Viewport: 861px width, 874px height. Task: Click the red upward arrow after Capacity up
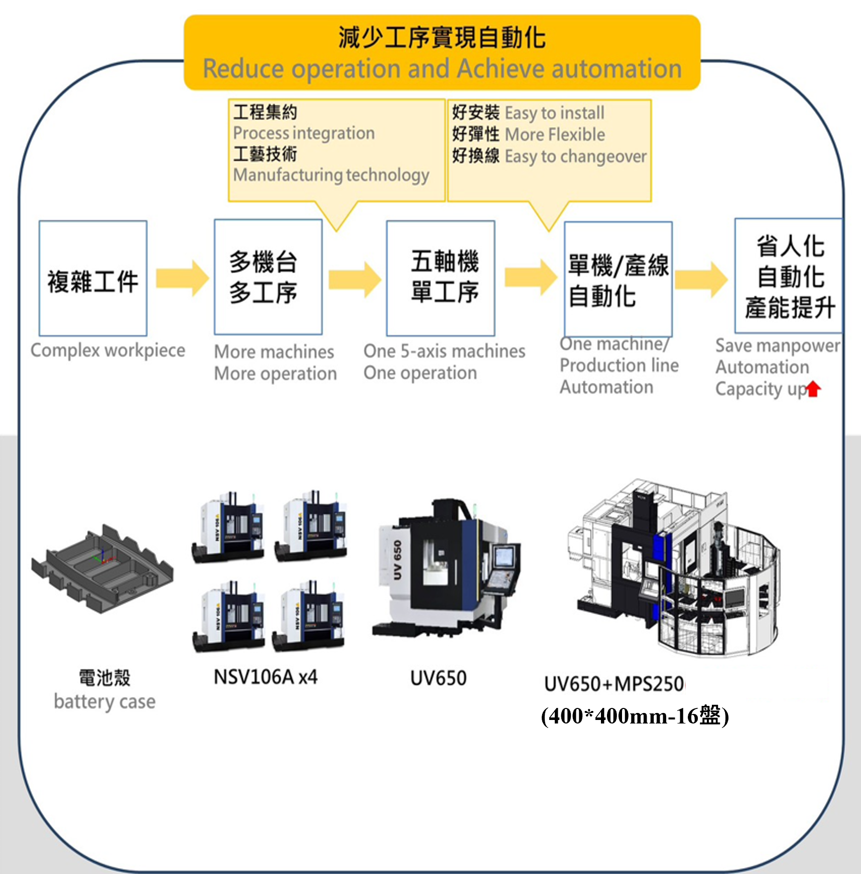813,389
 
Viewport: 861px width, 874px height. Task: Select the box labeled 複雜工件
93,278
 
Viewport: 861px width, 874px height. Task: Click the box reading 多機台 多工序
268,277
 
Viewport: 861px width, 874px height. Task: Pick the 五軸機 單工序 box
440,278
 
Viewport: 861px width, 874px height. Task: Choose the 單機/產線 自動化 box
618,279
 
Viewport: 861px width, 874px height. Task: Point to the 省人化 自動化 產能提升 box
788,276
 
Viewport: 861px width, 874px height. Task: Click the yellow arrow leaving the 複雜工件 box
182,278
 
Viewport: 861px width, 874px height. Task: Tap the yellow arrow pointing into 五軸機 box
355,279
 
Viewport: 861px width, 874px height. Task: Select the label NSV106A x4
266,677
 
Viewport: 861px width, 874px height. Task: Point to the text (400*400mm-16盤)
635,716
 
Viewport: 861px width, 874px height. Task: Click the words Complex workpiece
108,350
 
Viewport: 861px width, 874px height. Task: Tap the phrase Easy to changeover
575,157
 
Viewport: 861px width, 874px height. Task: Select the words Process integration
304,133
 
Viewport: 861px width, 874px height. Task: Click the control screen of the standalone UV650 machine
504,558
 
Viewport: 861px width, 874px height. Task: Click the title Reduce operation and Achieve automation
442,69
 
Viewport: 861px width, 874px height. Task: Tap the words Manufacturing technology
331,175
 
